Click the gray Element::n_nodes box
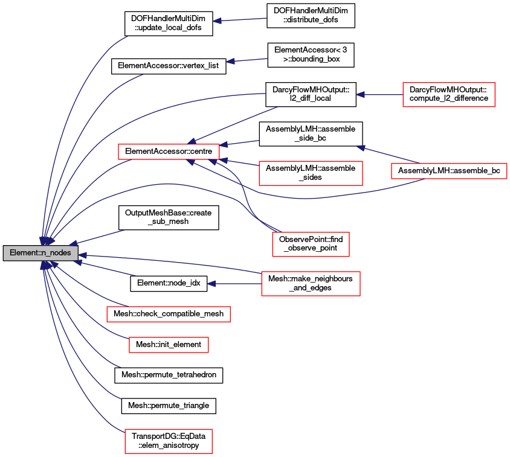pyautogui.click(x=40, y=253)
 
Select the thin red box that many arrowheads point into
pyautogui.click(x=169, y=152)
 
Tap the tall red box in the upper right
pyautogui.click(x=448, y=95)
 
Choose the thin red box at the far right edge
pyautogui.click(x=449, y=171)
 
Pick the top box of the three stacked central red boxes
pyautogui.click(x=311, y=173)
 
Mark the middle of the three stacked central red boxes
pyautogui.click(x=311, y=244)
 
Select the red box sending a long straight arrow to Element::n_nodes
pyautogui.click(x=311, y=284)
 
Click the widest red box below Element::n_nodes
pyautogui.click(x=168, y=314)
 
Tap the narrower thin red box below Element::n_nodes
pyautogui.click(x=169, y=345)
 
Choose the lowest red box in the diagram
pyautogui.click(x=168, y=441)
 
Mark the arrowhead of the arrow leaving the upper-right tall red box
pyautogui.click(x=360, y=95)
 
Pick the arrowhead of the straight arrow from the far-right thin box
pyautogui.click(x=361, y=147)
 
